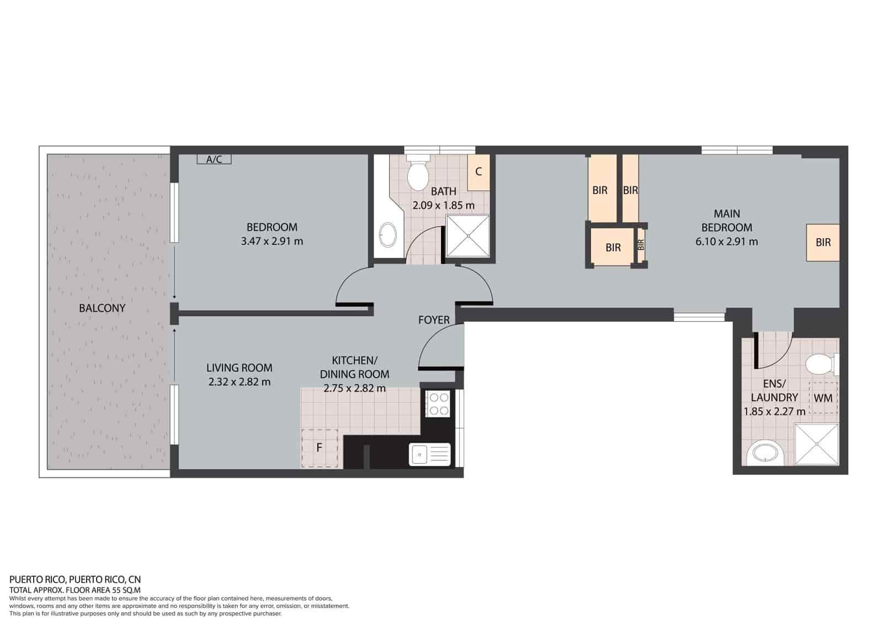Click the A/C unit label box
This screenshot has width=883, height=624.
coord(214,160)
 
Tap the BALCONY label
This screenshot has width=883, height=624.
coord(102,308)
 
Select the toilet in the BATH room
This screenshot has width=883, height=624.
coord(418,174)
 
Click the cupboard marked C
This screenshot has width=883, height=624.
coord(478,172)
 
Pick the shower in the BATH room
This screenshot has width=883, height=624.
coord(467,236)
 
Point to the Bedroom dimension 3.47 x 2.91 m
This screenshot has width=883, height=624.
coord(272,241)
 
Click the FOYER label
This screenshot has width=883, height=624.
coord(434,320)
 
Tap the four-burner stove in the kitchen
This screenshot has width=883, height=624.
coord(438,404)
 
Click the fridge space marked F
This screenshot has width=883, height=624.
coord(320,448)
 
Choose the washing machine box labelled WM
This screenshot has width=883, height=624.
coord(823,398)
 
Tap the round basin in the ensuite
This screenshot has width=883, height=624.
coord(765,454)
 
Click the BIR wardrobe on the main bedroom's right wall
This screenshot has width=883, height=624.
coord(823,243)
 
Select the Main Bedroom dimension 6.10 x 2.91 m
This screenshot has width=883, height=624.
coord(727,241)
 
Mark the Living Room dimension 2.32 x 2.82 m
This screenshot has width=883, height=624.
coord(240,381)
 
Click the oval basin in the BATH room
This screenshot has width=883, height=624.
coord(387,236)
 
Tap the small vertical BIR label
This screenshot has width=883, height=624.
coord(641,244)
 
